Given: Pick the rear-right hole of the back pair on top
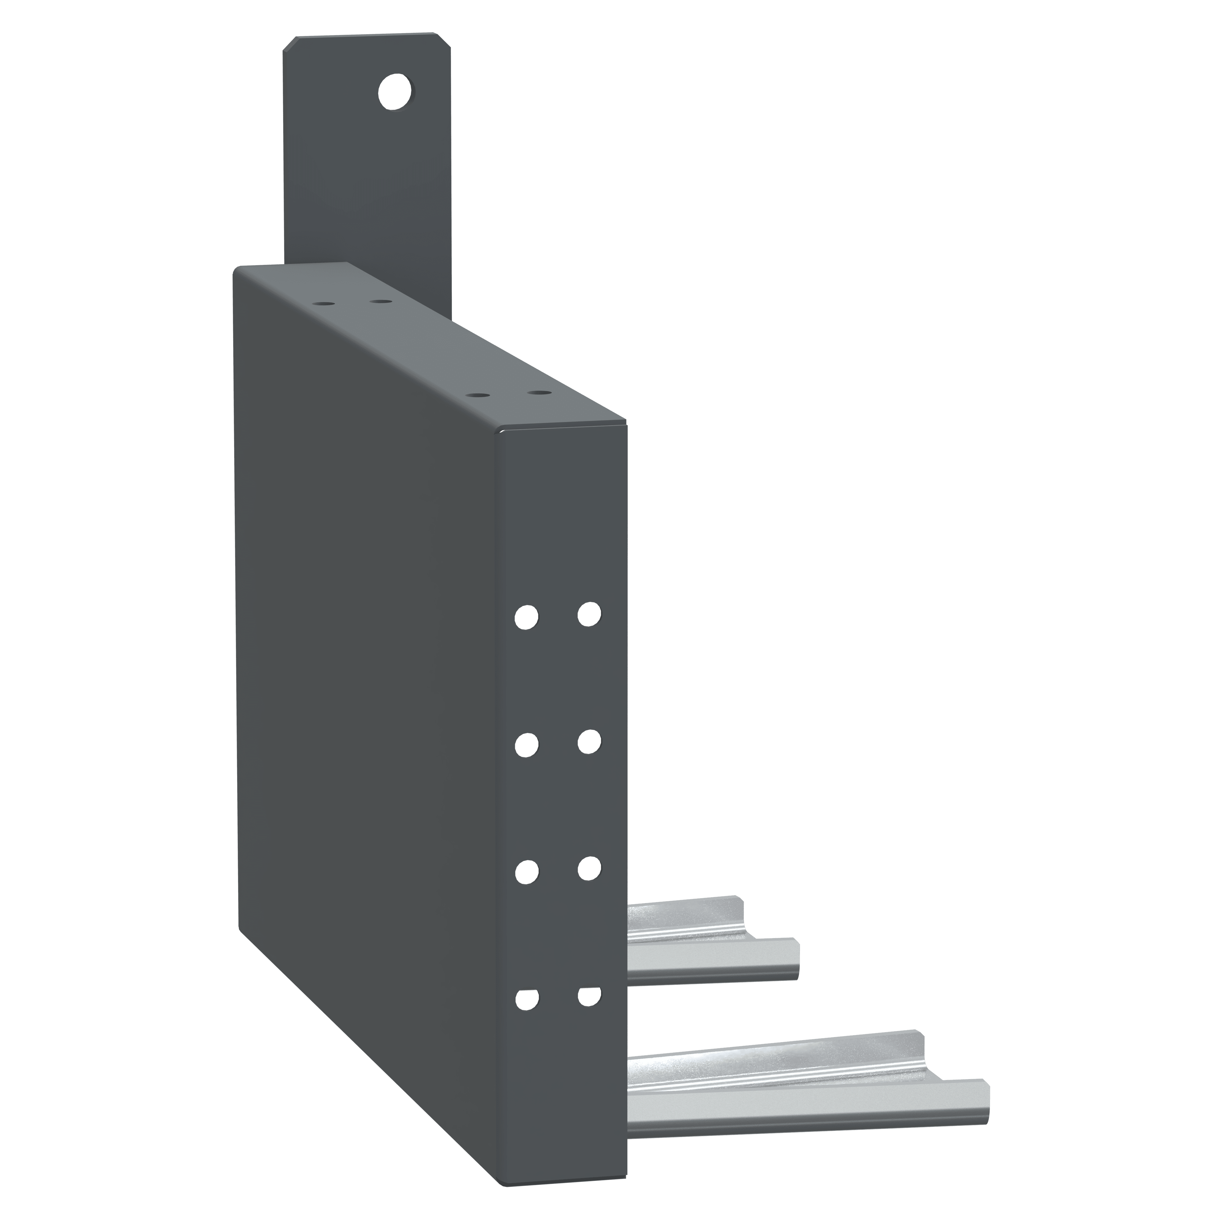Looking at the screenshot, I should pyautogui.click(x=378, y=301).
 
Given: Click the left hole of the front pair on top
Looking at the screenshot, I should pyautogui.click(x=480, y=395).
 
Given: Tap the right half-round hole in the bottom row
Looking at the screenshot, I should pyautogui.click(x=589, y=996).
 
